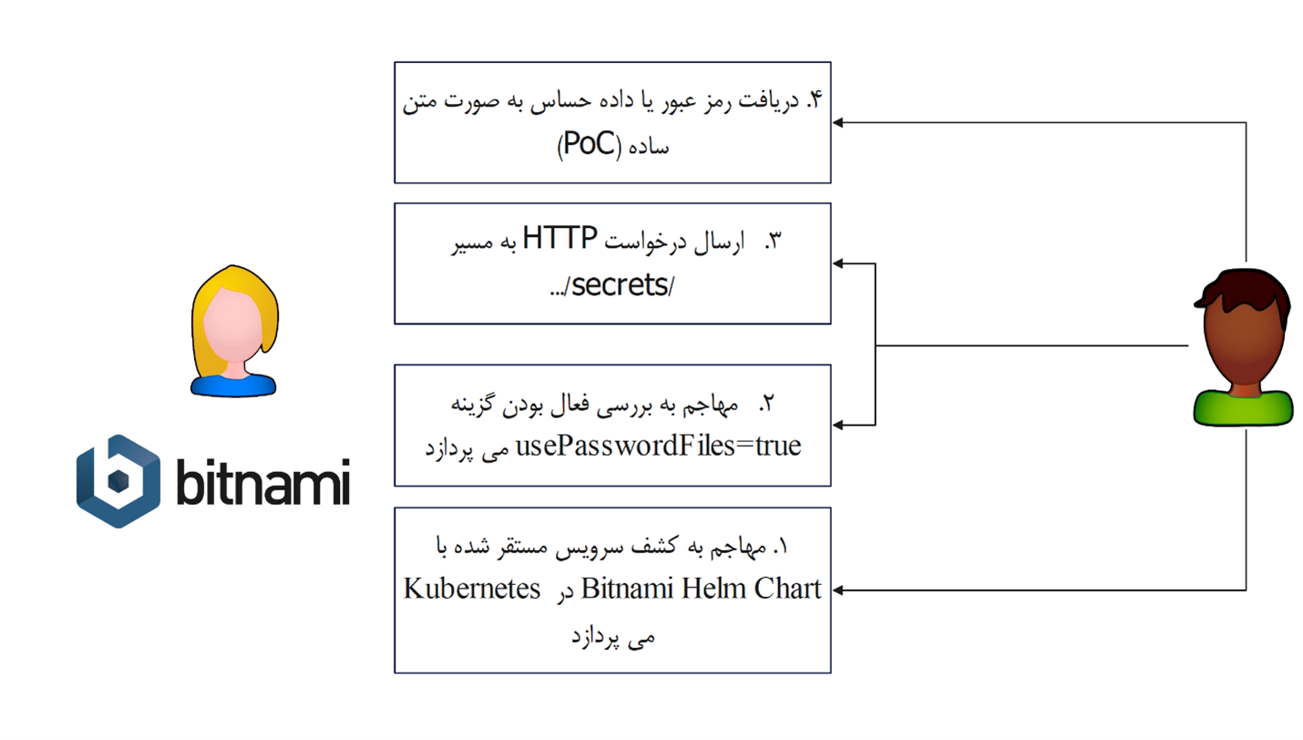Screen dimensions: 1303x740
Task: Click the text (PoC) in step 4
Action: click(590, 144)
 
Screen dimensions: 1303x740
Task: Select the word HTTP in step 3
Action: click(559, 238)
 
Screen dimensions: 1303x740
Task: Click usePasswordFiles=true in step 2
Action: click(659, 446)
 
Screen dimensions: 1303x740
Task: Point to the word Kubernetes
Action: click(472, 589)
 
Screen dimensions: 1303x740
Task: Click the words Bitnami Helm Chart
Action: click(701, 588)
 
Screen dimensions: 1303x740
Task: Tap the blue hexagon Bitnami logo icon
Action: click(118, 481)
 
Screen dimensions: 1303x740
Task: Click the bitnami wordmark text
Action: click(263, 481)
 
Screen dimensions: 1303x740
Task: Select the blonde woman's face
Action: click(232, 324)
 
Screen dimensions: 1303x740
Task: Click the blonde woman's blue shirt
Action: click(233, 385)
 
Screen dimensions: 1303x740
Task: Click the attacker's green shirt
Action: click(1243, 408)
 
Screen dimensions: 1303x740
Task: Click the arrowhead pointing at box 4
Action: click(837, 123)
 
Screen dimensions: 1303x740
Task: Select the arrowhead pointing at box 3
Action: click(837, 263)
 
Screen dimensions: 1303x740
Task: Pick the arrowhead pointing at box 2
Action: click(837, 426)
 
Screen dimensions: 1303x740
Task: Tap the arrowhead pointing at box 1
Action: click(837, 591)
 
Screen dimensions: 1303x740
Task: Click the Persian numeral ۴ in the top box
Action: click(815, 99)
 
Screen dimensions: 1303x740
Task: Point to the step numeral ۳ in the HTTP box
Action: click(775, 241)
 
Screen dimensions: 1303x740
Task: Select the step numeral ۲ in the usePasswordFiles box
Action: click(767, 403)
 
